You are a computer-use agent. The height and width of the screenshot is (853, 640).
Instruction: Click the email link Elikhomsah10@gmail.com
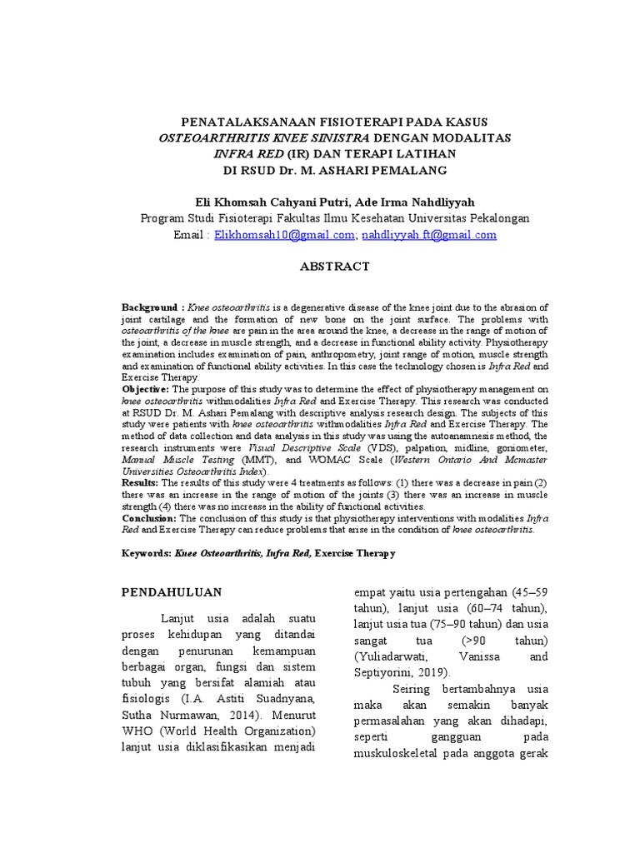(x=284, y=236)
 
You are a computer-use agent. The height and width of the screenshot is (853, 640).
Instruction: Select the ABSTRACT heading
(x=334, y=267)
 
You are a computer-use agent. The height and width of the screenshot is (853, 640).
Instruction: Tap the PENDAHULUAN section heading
(x=172, y=592)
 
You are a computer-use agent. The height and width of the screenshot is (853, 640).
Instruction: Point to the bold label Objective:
(x=146, y=389)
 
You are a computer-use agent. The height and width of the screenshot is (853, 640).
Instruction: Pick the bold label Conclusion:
(x=149, y=517)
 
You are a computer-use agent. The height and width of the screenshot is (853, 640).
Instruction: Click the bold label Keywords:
(x=147, y=553)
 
